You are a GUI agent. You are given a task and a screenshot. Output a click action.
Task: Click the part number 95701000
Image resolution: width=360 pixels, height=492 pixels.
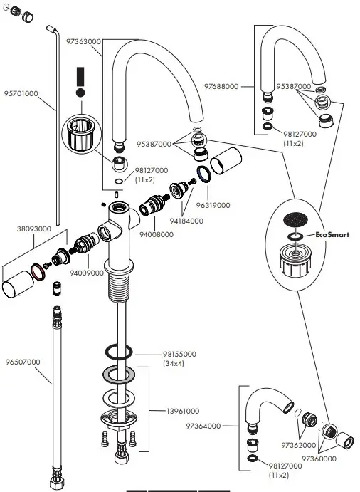[21, 93]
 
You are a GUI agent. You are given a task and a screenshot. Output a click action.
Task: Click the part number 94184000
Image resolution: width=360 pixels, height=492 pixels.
[186, 221]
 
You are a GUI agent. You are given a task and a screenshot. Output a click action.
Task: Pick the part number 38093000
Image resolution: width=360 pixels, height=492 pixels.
[33, 229]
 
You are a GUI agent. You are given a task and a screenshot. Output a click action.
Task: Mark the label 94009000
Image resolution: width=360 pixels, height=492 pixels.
[87, 272]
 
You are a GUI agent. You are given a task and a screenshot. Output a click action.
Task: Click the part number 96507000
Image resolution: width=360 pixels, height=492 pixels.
[22, 362]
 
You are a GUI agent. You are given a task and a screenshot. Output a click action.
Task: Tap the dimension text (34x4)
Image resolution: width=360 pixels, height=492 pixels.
[174, 364]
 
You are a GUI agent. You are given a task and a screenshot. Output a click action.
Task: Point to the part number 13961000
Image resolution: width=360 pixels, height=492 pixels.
[182, 411]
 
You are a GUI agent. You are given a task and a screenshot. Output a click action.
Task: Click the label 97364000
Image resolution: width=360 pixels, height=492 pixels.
[202, 426]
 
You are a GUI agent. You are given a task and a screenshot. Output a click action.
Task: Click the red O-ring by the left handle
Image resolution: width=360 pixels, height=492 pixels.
[39, 275]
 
